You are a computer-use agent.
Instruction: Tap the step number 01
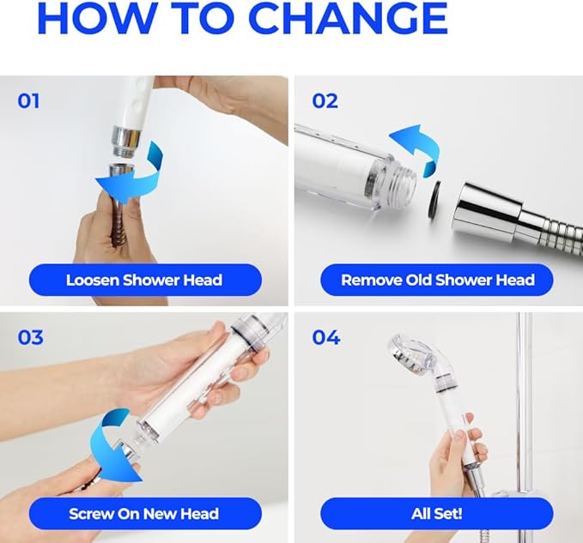[x=29, y=101]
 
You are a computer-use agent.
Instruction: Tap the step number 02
[x=325, y=101]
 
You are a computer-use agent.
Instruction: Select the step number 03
[x=30, y=337]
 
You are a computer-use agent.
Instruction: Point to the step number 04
[x=326, y=337]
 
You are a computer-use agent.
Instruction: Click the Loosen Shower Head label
[x=144, y=280]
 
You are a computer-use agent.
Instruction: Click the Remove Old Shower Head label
[x=437, y=280]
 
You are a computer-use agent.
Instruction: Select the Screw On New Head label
[x=144, y=515]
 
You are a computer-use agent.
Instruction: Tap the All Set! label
[x=437, y=515]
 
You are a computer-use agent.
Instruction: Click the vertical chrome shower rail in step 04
[x=523, y=403]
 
